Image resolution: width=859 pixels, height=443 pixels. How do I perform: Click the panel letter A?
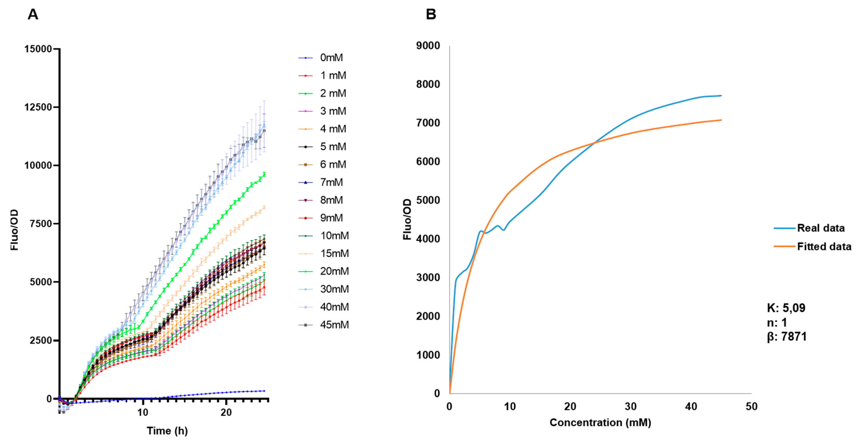(x=33, y=14)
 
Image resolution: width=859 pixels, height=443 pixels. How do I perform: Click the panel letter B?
(x=431, y=14)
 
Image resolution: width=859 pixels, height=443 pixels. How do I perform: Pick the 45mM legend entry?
(x=334, y=325)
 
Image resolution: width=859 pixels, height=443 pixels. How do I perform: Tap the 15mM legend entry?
(x=334, y=253)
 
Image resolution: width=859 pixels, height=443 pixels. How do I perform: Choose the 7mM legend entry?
(x=331, y=182)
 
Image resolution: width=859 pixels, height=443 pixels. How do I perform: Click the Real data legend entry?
(x=820, y=228)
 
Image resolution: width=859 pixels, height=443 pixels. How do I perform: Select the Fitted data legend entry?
(x=824, y=247)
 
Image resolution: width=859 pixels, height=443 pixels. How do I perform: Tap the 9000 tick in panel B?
(x=428, y=46)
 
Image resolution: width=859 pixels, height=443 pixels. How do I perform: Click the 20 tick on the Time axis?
(x=226, y=412)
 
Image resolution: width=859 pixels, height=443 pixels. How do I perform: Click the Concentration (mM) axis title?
(x=600, y=423)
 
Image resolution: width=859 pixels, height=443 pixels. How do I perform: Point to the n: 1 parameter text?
(x=777, y=322)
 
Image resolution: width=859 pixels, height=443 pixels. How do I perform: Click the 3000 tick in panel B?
(x=428, y=278)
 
